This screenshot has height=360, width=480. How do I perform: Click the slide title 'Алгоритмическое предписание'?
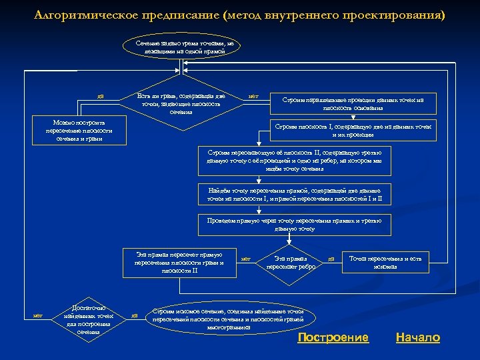pos(239,15)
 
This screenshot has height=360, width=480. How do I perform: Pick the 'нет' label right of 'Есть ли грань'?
pos(253,97)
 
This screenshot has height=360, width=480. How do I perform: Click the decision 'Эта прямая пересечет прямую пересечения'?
pos(179,262)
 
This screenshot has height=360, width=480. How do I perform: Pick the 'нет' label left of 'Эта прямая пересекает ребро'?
pos(245,258)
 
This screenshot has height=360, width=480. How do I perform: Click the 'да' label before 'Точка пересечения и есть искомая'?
pos(331,258)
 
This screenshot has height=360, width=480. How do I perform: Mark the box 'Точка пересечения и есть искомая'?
pos(386,262)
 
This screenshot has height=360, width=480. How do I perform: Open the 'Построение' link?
pos(333,337)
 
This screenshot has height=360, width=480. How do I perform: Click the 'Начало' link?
pos(417,337)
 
